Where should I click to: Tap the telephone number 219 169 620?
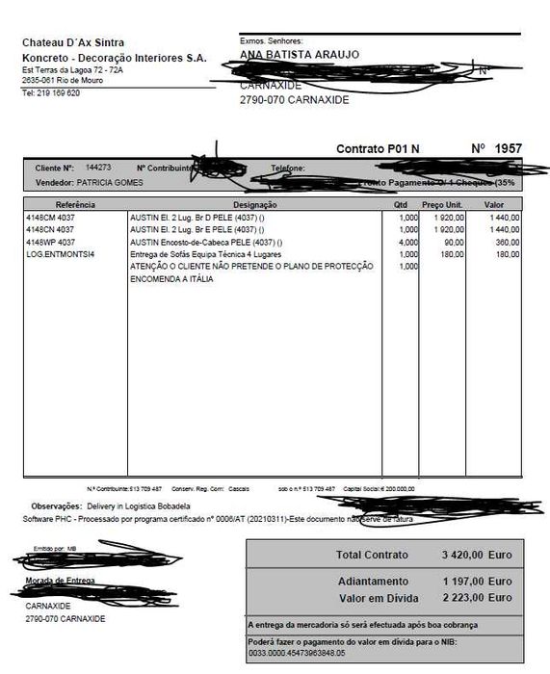[x=56, y=93]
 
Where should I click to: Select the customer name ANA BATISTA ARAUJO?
[x=300, y=55]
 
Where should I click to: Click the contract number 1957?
[x=509, y=149]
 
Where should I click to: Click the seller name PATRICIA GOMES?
[x=112, y=182]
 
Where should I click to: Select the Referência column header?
[x=75, y=205]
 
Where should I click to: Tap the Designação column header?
[x=255, y=205]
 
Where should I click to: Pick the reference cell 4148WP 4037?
[x=51, y=243]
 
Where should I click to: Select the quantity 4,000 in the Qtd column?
[x=408, y=243]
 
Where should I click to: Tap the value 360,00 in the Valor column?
[x=507, y=243]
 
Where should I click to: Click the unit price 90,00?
[x=453, y=243]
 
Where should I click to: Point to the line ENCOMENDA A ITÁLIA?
[x=171, y=278]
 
